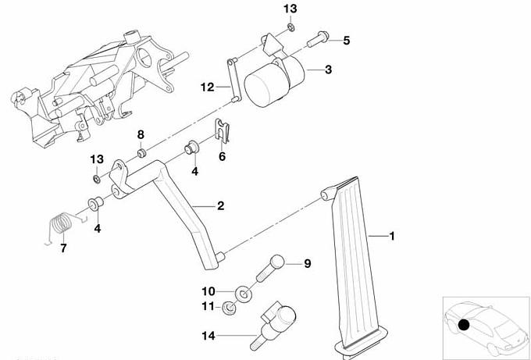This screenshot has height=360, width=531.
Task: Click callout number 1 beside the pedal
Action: pyautogui.click(x=393, y=235)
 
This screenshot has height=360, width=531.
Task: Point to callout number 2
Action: pyautogui.click(x=221, y=206)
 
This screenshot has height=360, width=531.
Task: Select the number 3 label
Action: pyautogui.click(x=328, y=70)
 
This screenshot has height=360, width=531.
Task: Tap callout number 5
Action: pyautogui.click(x=347, y=39)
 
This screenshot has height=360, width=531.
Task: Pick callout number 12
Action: pyautogui.click(x=206, y=88)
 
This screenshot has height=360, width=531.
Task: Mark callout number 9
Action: pyautogui.click(x=307, y=264)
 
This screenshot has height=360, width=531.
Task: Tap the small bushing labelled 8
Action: pyautogui.click(x=142, y=151)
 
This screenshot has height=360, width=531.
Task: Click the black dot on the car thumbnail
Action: pyautogui.click(x=464, y=325)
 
